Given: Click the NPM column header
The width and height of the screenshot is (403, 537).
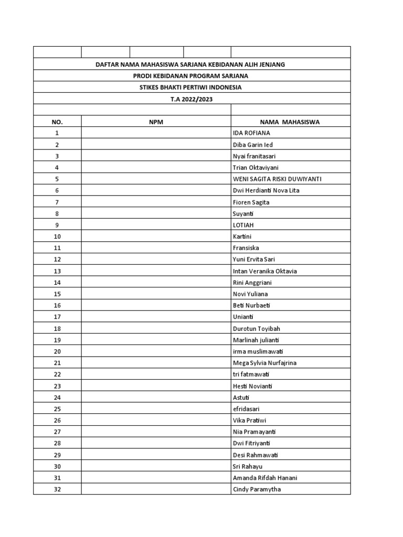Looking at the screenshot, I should (x=156, y=122).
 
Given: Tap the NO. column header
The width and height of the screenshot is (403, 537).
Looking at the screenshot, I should (x=57, y=122).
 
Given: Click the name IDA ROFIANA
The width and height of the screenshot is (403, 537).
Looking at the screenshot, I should (x=251, y=133).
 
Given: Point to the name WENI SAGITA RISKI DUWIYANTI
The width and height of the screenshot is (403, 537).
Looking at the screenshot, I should (x=277, y=179).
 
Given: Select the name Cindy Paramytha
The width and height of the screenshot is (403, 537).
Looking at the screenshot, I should (x=258, y=489).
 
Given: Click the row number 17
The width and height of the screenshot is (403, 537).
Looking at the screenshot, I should (x=57, y=317).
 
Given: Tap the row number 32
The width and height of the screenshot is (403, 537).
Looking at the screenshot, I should (x=57, y=489).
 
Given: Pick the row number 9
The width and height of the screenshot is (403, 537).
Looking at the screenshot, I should (x=57, y=225).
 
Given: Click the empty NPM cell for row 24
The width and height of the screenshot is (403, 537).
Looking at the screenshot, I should (x=156, y=398).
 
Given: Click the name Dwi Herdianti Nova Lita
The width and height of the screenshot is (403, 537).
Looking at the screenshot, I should (x=266, y=190).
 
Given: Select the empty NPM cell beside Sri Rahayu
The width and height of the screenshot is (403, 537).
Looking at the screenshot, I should (x=156, y=466).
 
